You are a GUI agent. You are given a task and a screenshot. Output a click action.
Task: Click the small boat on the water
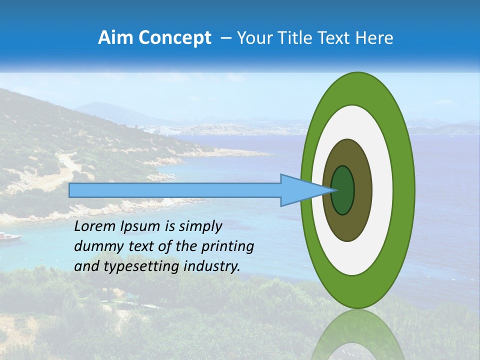(10, 236)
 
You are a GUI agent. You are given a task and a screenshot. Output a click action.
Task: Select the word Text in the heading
(338, 38)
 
